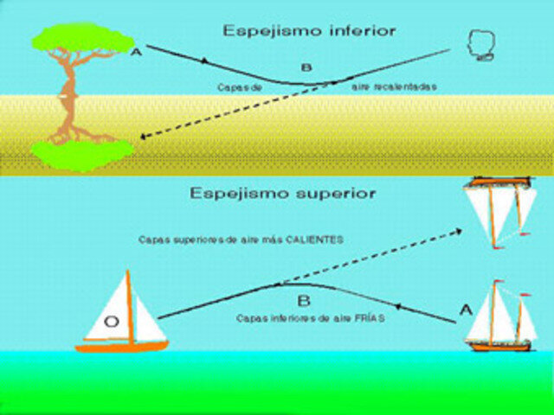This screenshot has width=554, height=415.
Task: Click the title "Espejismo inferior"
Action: [309, 31]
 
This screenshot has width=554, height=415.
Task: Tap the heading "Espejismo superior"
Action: [283, 194]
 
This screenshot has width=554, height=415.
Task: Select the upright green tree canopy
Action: [83, 38]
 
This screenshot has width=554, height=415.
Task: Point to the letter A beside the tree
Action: [135, 54]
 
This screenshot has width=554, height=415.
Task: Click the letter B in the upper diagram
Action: [305, 67]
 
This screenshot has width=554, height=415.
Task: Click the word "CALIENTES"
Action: [312, 239]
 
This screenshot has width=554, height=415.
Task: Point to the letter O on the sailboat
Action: [111, 322]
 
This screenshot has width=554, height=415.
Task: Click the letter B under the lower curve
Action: [303, 302]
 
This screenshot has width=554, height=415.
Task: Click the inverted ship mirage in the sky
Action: [498, 212]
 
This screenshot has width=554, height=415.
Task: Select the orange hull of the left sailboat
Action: [121, 346]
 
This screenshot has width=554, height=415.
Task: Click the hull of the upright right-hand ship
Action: [498, 345]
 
